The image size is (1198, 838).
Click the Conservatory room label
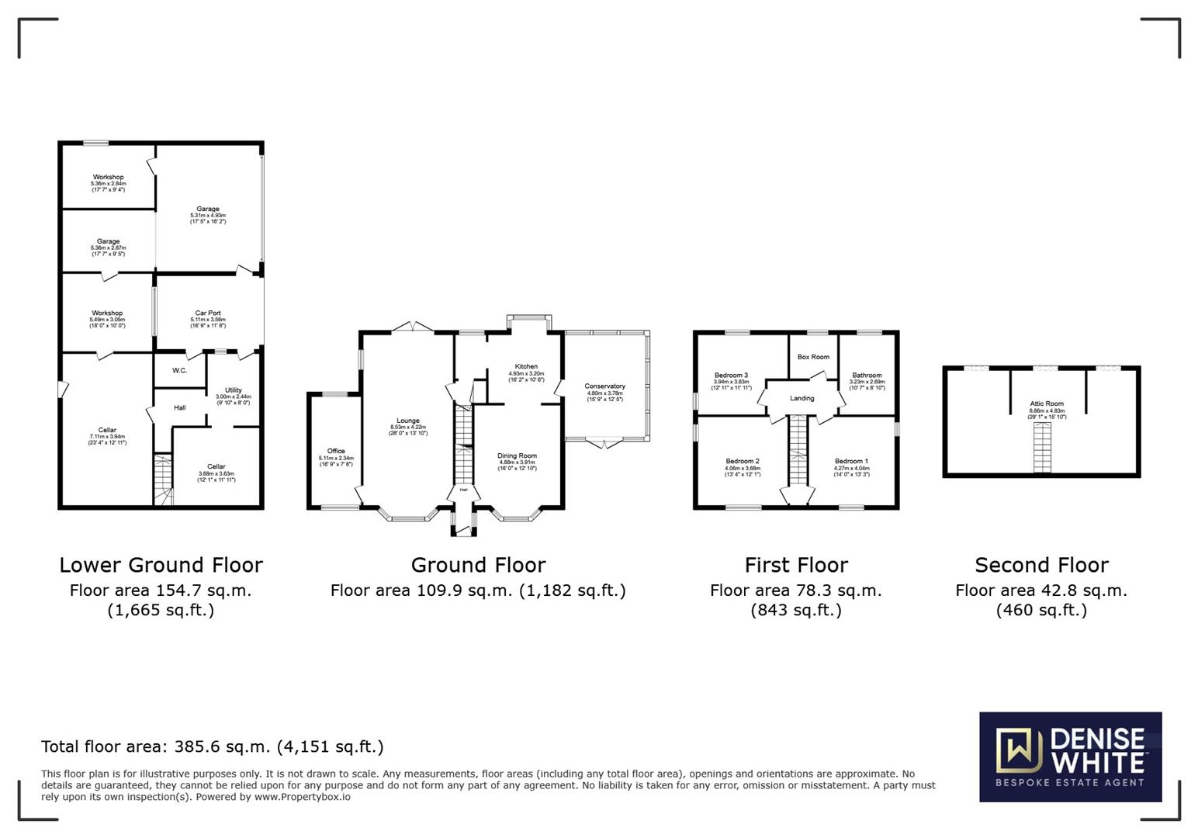[x=604, y=386]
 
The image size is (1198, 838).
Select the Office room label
[x=336, y=452]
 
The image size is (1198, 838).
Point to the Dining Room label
[x=517, y=456]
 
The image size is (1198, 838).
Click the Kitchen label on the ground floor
[x=526, y=367]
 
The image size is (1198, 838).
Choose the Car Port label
[x=207, y=313]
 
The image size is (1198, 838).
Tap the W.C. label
[x=179, y=371]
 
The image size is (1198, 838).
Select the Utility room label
[x=233, y=390]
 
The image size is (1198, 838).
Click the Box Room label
[x=813, y=357]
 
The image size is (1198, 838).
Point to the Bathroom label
[x=867, y=376]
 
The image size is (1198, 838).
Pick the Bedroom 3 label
[x=731, y=376]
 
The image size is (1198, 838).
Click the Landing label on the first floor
[x=802, y=399]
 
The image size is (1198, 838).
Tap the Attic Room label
[x=1047, y=404]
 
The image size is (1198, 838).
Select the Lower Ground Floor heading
[x=161, y=565]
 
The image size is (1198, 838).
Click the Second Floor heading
[x=1041, y=565]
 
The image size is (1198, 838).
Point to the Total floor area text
[x=212, y=746]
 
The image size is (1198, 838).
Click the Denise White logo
[x=1070, y=757]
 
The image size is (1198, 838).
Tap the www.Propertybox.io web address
[x=302, y=797]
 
